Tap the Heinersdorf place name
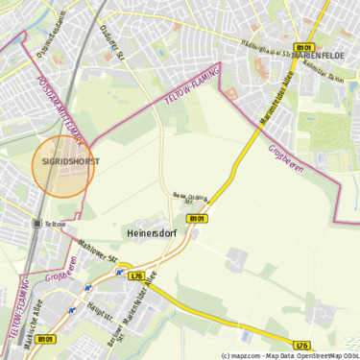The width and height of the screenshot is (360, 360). (x=153, y=232)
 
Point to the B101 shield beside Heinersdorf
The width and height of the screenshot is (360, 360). (x=196, y=219)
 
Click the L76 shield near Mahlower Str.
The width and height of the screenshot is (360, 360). (x=136, y=276)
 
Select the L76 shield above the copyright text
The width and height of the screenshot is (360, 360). (x=302, y=345)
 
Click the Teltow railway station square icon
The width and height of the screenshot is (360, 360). (x=37, y=224)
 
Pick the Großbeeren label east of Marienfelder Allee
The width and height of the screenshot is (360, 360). (x=287, y=160)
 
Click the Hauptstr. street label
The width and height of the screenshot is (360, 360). (x=97, y=309)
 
